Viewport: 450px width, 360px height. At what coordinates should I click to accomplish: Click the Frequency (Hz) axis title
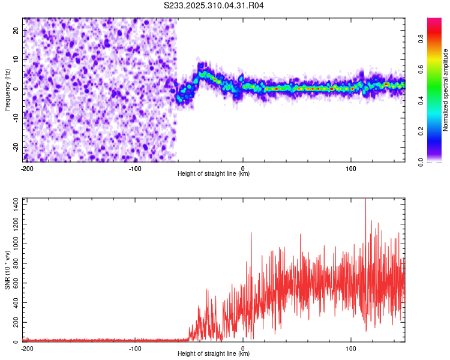point(7,90)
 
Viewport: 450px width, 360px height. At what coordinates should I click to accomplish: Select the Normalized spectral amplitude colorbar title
point(446,90)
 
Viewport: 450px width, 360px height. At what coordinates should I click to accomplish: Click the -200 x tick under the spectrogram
point(26,168)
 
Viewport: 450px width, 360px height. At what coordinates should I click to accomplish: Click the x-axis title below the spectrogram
point(214,174)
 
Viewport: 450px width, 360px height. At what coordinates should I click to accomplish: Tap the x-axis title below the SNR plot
point(214,354)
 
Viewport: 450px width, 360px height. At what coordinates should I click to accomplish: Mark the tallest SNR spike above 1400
point(365,200)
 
